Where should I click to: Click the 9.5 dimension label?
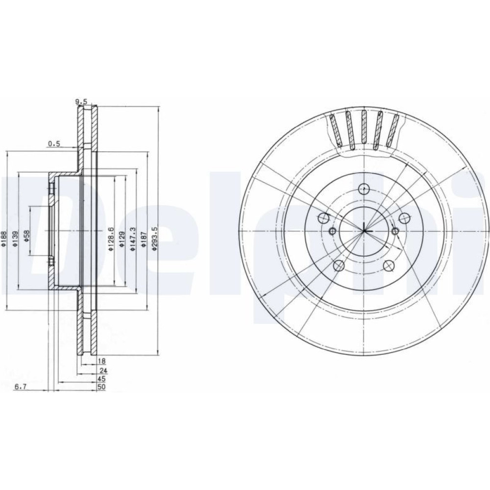[81, 101]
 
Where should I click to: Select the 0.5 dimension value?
[54, 144]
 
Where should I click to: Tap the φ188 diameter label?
[4, 239]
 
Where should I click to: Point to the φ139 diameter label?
[16, 239]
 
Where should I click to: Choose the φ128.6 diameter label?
[110, 239]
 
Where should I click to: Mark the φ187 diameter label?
[144, 240]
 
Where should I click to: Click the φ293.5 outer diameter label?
[154, 239]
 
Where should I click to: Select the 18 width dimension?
[102, 361]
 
